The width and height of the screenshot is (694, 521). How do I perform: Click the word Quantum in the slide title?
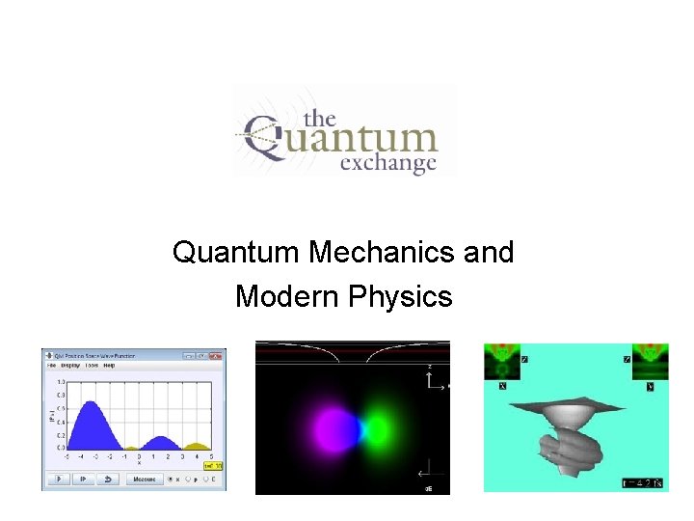click(236, 253)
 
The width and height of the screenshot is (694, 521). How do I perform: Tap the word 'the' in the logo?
click(319, 119)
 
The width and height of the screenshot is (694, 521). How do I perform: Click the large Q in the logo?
click(266, 139)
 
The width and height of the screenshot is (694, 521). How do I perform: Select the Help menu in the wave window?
click(109, 366)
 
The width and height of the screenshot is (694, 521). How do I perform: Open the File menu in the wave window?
click(52, 366)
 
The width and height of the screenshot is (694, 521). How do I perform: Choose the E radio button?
click(210, 479)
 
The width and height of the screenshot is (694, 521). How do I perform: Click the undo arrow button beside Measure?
click(109, 479)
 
